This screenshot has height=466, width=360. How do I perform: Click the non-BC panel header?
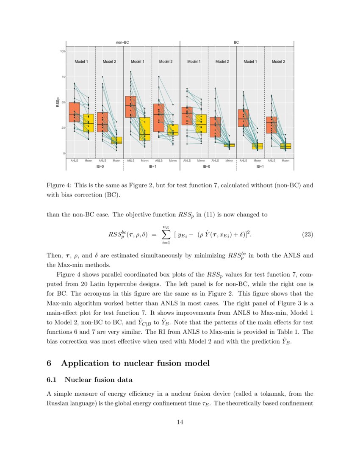point(123,42)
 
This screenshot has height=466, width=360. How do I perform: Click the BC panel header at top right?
point(236,42)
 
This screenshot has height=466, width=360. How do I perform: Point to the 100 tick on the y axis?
point(62,51)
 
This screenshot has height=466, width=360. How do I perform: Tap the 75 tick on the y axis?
point(62,77)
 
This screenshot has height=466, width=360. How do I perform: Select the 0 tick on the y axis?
point(63,153)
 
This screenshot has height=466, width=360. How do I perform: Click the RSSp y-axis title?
point(57,102)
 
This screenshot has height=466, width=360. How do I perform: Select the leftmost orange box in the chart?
point(74,112)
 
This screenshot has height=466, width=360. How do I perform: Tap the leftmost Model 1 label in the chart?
point(81,61)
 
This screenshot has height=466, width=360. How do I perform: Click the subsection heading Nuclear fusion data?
point(99,380)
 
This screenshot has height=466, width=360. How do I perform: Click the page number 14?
point(180,422)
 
